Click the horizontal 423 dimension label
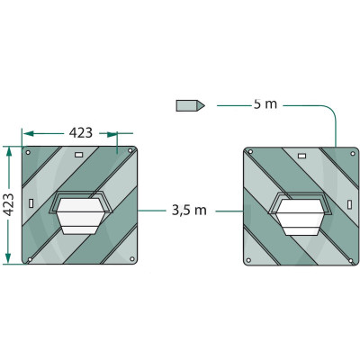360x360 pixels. point(81,132)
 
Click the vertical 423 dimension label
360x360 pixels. point(8,204)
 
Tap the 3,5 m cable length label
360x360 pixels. point(189,211)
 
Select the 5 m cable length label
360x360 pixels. point(265,104)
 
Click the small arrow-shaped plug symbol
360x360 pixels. point(190,105)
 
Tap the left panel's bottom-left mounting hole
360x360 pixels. point(31,260)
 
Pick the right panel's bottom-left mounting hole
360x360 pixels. point(251,260)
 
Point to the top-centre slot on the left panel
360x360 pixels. point(78,155)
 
